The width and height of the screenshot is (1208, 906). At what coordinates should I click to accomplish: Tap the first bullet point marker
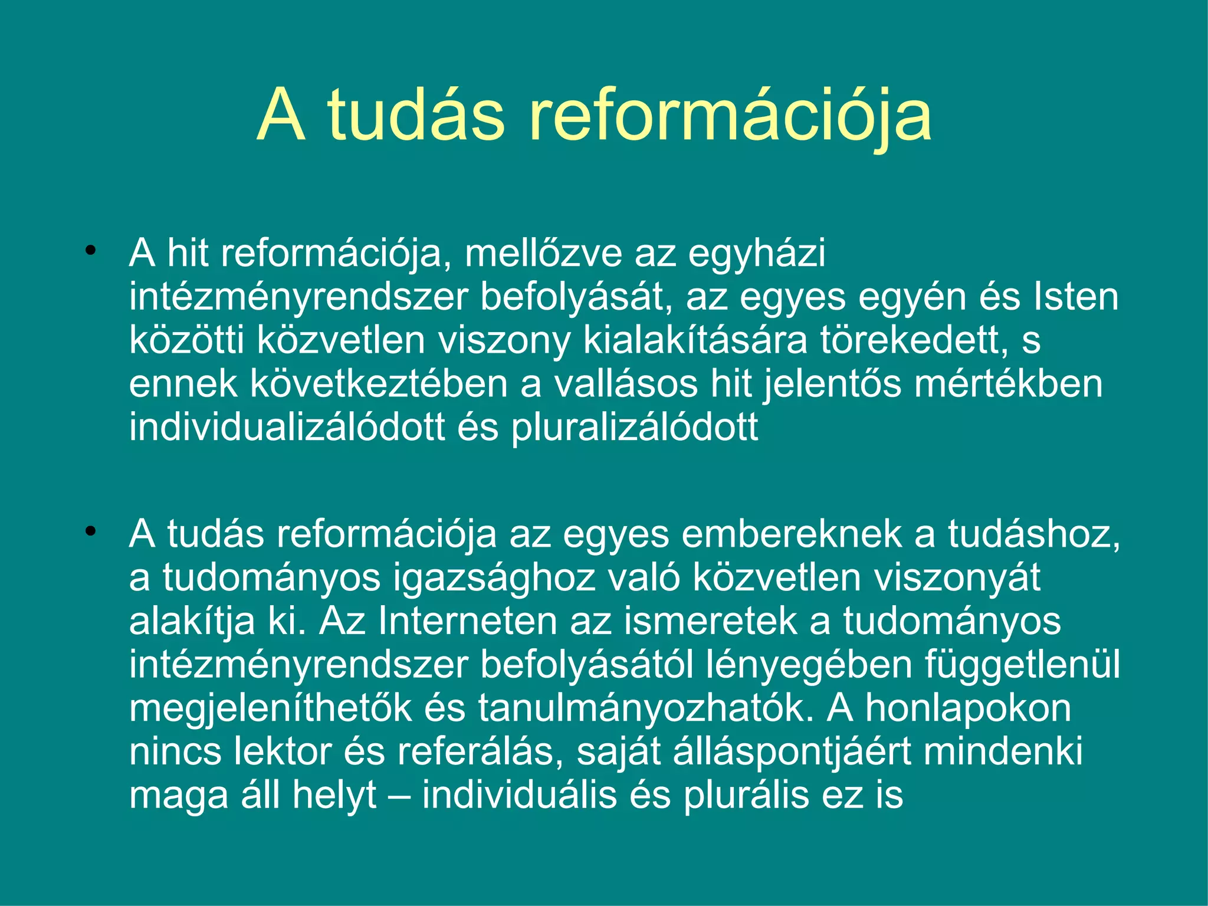tap(90, 251)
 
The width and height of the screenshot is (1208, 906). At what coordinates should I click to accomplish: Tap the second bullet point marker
tap(90, 531)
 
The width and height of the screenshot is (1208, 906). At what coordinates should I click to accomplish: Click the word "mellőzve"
tap(543, 253)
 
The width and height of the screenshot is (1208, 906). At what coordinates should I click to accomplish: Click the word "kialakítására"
tap(695, 340)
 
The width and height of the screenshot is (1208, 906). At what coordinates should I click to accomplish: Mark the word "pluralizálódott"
tap(634, 428)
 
